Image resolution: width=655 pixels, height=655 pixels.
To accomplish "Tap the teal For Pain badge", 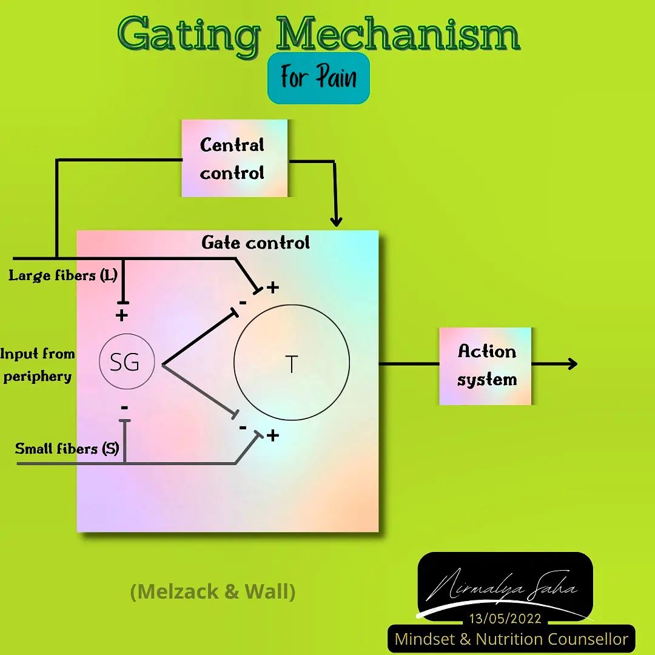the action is (x=318, y=78).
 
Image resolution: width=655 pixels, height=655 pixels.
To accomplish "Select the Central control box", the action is (x=234, y=158).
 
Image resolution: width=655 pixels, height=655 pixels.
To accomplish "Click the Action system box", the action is (x=485, y=366).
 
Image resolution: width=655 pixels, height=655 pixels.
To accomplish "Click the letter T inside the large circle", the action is (x=292, y=364).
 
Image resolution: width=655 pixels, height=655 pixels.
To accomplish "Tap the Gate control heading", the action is (x=256, y=243).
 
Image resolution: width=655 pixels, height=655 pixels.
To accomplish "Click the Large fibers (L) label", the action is (x=63, y=275).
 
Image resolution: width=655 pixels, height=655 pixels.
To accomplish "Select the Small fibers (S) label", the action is (x=67, y=449).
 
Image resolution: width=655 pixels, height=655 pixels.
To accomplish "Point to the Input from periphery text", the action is (x=37, y=364).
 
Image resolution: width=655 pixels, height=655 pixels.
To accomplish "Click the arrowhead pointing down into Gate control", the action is (x=336, y=221).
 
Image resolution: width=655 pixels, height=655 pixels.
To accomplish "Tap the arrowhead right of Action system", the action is (x=572, y=363).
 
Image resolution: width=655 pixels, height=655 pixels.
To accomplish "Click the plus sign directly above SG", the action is (x=121, y=315).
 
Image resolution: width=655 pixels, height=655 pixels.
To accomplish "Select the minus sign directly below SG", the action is (x=124, y=408).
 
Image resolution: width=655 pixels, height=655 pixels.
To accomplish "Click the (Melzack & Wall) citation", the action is (x=213, y=591).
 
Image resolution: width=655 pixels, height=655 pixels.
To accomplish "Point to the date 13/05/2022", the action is (x=505, y=618).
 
